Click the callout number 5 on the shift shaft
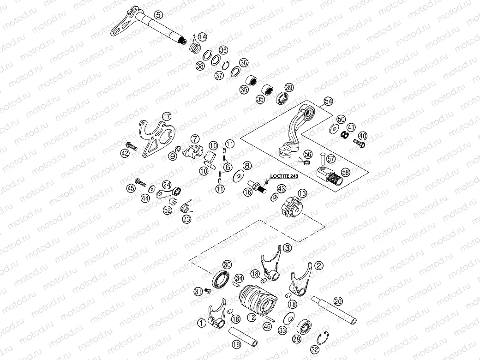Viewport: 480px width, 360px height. [x=158, y=15]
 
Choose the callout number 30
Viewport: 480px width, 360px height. [x=227, y=264]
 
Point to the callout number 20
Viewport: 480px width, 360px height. [x=338, y=301]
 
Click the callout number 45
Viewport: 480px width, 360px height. [x=131, y=188]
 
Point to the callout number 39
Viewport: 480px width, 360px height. [x=289, y=88]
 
